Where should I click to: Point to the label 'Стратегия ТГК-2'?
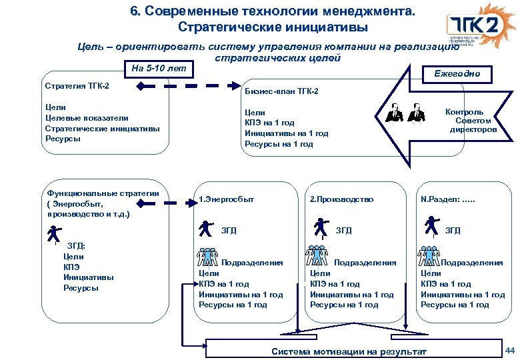click(77, 87)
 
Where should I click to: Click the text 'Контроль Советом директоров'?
click(471, 121)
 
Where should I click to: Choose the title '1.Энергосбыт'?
click(227, 199)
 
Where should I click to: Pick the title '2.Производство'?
click(341, 199)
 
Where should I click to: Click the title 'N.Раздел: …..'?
click(448, 199)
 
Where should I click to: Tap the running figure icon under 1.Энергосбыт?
click(206, 229)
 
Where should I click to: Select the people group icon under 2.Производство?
click(317, 257)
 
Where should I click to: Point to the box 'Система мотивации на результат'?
click(351, 349)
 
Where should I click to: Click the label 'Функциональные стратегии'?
click(100, 193)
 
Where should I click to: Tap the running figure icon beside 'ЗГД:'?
click(53, 234)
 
